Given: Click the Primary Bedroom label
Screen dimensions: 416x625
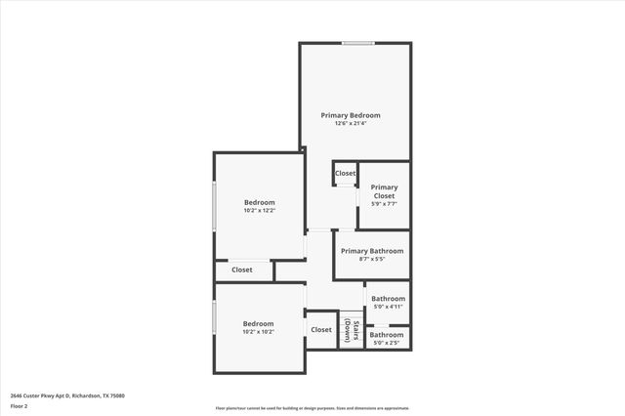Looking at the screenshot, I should (351, 115).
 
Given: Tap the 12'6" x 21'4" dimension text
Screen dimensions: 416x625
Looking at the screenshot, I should (351, 124).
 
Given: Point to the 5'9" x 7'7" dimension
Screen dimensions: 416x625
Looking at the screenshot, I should (384, 204).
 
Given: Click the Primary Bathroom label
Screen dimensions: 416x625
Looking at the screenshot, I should (371, 251).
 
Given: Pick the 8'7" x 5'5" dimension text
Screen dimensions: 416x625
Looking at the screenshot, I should (371, 260).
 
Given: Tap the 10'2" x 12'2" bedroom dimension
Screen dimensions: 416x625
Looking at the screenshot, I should (260, 211).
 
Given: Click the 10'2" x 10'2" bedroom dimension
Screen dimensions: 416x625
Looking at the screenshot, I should (259, 332).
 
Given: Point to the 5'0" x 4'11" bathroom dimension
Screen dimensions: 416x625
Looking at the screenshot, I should (388, 308).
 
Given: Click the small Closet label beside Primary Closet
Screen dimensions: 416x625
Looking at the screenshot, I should (346, 174).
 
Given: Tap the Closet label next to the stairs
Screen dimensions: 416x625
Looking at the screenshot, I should (321, 330).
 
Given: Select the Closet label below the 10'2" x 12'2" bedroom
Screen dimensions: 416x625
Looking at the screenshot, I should (241, 270).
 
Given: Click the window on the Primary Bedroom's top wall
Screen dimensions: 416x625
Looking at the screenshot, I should (357, 43).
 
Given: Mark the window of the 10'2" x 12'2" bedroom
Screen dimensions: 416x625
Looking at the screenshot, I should (215, 205).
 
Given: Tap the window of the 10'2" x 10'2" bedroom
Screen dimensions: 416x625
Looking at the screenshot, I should (215, 318).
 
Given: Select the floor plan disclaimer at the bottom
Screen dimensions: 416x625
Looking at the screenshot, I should (312, 409).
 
